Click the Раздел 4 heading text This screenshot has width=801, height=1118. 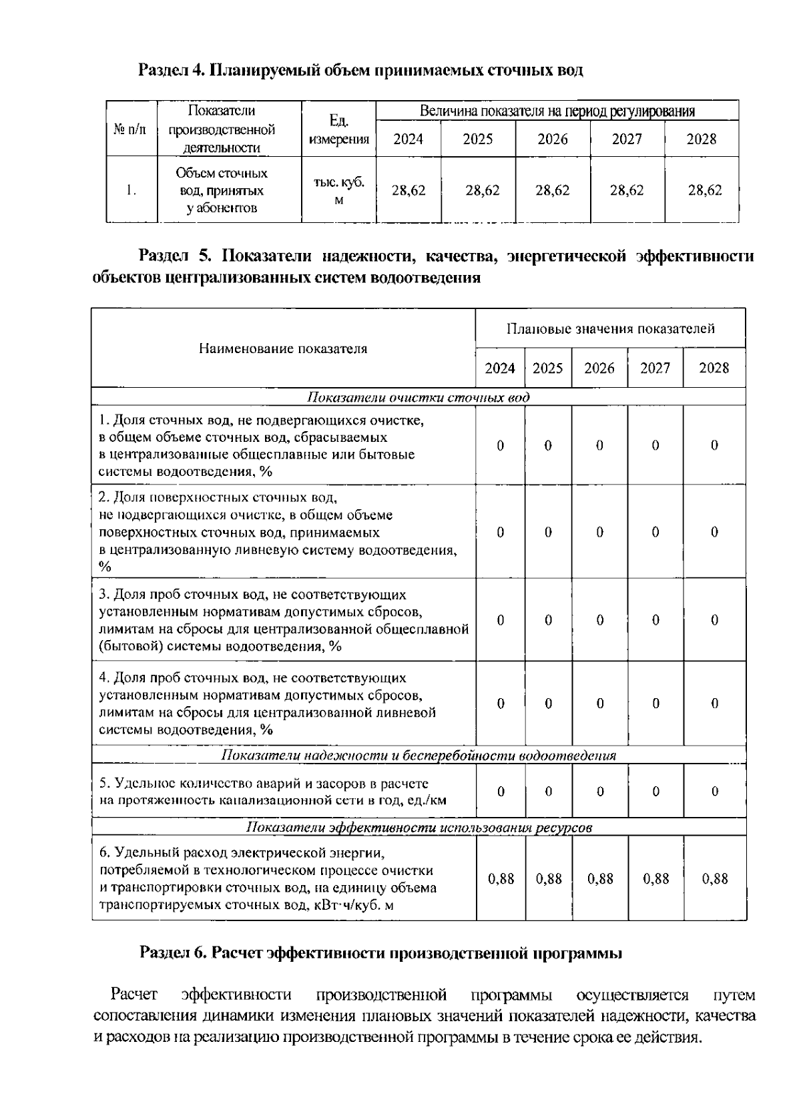tap(360, 70)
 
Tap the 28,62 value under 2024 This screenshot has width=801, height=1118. tap(408, 190)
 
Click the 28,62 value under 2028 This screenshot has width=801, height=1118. tap(704, 190)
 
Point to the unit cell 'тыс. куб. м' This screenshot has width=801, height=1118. tap(338, 190)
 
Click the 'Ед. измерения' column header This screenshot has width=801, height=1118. tap(338, 129)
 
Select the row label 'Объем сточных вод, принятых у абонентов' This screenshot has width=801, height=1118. tap(222, 190)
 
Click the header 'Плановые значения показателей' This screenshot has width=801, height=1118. tap(610, 328)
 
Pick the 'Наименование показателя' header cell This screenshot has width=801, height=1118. tap(283, 348)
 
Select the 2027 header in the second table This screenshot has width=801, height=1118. tap(655, 368)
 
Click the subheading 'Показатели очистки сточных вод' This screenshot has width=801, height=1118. tap(418, 398)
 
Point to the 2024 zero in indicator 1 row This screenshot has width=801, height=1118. tap(500, 445)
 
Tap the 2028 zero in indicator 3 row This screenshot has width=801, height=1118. tap(714, 620)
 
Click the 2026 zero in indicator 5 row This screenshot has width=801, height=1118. tap(599, 792)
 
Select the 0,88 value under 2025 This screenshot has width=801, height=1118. tap(549, 879)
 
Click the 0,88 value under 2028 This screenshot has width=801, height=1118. tap(714, 879)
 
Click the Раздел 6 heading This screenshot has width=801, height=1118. tap(380, 953)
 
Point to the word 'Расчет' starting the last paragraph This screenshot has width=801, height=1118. tap(133, 996)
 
